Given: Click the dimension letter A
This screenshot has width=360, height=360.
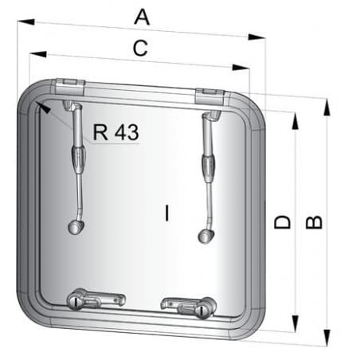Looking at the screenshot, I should point(143,16).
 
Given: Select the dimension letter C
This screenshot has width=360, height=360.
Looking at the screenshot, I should point(140,49).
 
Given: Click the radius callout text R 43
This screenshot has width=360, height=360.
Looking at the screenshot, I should point(115,132).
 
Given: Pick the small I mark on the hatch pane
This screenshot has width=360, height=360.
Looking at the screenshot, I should point(166,212).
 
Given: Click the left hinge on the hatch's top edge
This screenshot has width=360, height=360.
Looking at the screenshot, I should point(70,85).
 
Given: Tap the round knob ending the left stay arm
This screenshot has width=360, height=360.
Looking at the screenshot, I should point(76,229).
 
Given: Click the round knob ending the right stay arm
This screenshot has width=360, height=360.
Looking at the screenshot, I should point(205,236).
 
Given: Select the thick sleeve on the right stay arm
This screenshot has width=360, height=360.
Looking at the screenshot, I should point(209,169).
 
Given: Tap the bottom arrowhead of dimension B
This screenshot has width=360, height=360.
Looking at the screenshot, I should point(327,344).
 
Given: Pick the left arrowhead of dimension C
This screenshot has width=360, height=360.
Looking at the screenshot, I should point(30,53).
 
